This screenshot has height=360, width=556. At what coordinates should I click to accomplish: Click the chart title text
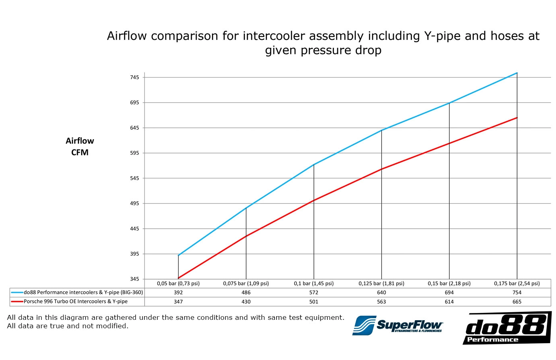point(323,43)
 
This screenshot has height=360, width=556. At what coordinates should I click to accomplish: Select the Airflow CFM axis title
point(79,146)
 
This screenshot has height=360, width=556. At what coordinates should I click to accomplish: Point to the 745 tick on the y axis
point(134,77)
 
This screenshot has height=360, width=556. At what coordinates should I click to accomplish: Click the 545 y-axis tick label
point(134,178)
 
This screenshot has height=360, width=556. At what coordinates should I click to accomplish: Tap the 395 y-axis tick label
point(134,254)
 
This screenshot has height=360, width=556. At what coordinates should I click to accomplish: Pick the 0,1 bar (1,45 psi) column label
point(314,283)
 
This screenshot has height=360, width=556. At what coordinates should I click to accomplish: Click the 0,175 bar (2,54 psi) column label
point(517,283)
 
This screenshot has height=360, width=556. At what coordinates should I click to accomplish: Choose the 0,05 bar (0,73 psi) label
point(178,283)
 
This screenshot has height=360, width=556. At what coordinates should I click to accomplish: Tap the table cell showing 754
point(517,292)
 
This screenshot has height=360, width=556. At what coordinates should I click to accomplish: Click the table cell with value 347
point(178,302)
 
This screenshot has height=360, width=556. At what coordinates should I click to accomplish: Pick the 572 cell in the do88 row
point(314,292)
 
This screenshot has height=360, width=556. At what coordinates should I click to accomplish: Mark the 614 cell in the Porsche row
point(449,302)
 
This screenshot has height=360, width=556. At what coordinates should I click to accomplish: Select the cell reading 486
point(246,292)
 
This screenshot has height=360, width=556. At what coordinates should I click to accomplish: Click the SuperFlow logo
point(397,325)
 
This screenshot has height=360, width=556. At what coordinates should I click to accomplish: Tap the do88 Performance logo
point(507,328)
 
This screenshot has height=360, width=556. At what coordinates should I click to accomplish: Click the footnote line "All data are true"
point(67,326)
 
